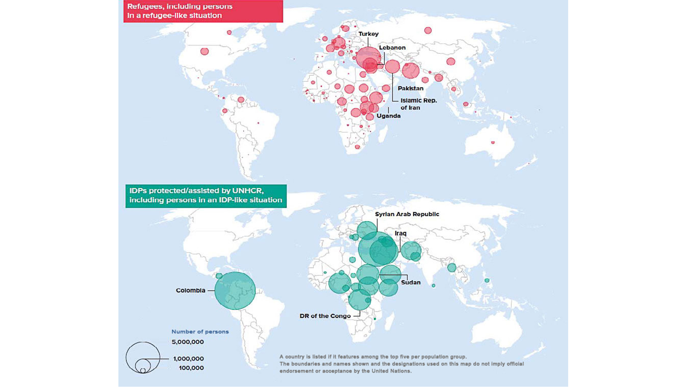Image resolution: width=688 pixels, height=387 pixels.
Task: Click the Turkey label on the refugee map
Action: coord(368,34)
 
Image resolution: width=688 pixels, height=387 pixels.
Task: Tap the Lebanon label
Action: coord(392,48)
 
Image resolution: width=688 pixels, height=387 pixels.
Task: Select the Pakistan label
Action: coord(410,88)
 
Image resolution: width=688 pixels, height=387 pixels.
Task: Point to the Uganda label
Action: coord(388,116)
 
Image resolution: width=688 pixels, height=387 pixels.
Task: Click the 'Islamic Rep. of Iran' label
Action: coord(419,104)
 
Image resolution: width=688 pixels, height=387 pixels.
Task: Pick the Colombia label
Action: coord(190,290)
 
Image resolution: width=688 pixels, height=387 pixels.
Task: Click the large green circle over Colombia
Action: coord(235,291)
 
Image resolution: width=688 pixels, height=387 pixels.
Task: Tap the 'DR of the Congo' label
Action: coord(325,316)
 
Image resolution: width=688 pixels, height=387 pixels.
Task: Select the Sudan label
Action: coord(411,282)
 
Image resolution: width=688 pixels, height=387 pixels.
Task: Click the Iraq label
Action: coord(400,233)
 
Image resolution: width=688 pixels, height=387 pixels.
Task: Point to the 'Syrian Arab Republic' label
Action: coord(407,214)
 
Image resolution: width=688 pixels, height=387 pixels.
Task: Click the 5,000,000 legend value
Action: coord(188,342)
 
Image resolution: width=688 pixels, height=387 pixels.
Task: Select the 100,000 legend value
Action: coord(191,368)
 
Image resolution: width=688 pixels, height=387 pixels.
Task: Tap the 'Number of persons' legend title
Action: coord(200,332)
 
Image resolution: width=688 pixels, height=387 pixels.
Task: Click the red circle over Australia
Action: coord(493,142)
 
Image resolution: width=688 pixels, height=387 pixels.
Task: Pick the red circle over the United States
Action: coord(204,52)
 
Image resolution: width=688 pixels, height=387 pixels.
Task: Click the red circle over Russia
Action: coord(428,30)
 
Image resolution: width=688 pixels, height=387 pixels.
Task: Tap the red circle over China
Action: coord(451,61)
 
